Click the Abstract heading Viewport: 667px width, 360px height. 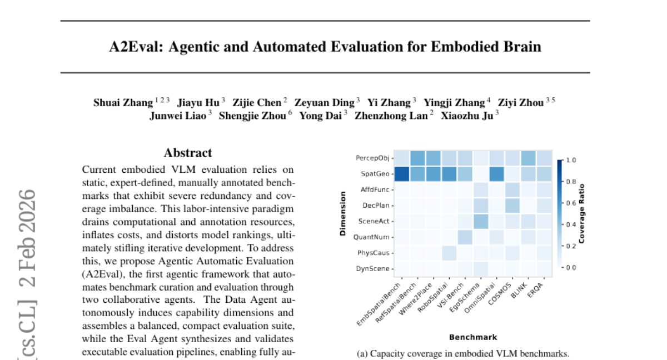pos(188,153)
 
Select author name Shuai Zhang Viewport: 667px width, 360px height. pos(122,102)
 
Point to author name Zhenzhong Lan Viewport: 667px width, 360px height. pos(395,116)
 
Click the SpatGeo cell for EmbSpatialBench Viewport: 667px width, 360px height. pos(401,174)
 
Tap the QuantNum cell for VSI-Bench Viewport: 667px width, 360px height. pos(465,237)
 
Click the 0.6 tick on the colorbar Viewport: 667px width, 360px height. pos(569,203)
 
